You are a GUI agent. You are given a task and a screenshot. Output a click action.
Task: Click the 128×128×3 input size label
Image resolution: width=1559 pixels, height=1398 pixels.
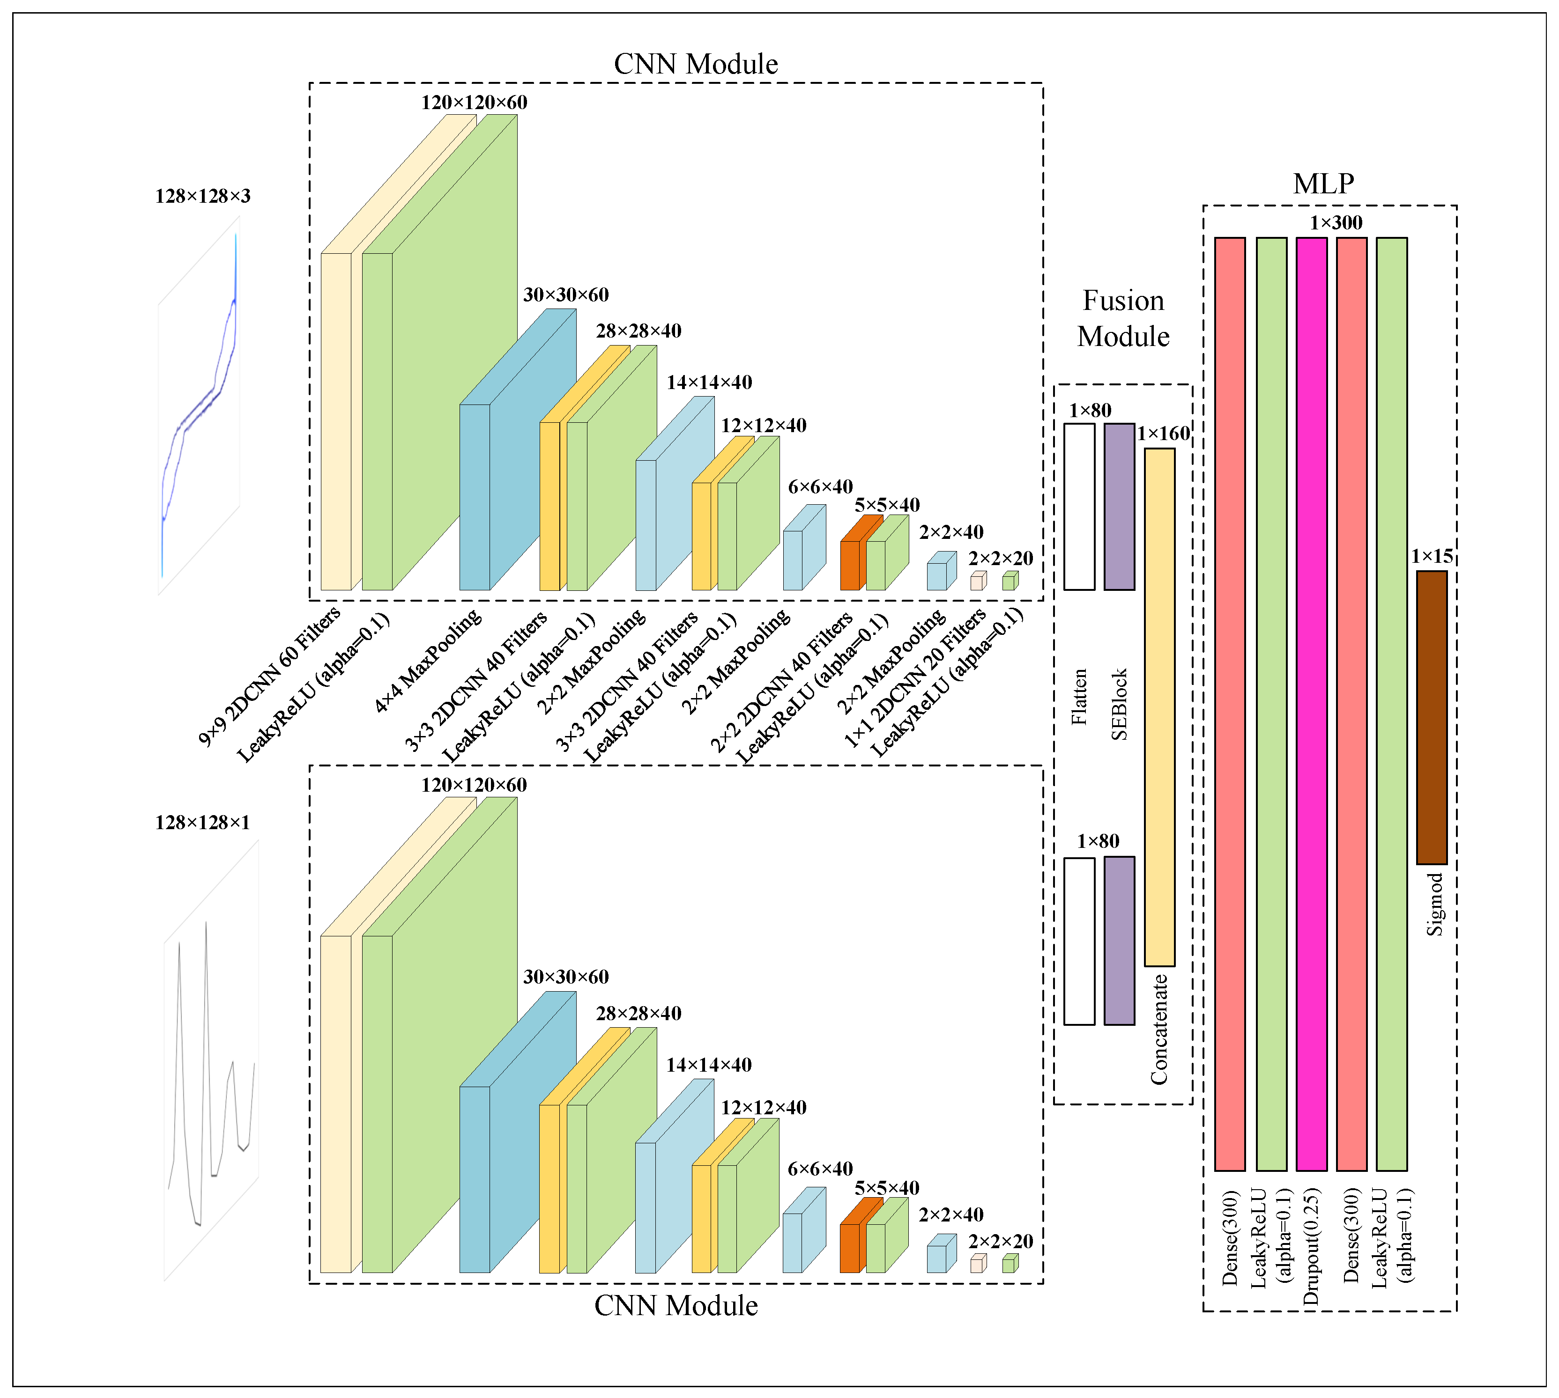203,197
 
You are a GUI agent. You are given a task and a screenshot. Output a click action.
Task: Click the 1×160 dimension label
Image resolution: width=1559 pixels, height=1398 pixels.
1163,434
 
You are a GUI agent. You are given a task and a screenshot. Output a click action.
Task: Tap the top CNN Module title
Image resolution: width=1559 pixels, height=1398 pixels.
695,64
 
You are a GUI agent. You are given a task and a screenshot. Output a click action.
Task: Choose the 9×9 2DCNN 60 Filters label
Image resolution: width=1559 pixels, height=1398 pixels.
269,676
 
